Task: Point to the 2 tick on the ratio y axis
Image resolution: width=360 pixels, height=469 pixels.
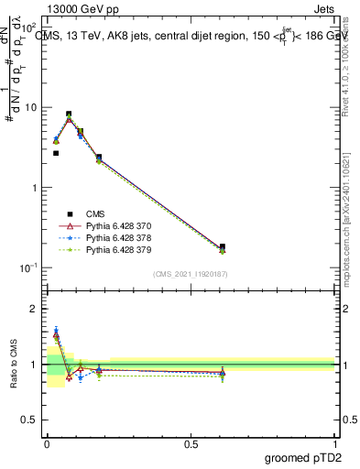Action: [x=37, y=309]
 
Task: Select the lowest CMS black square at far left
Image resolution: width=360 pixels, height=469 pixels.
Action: [x=56, y=153]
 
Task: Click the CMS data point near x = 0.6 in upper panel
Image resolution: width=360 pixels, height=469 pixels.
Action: [x=223, y=246]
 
